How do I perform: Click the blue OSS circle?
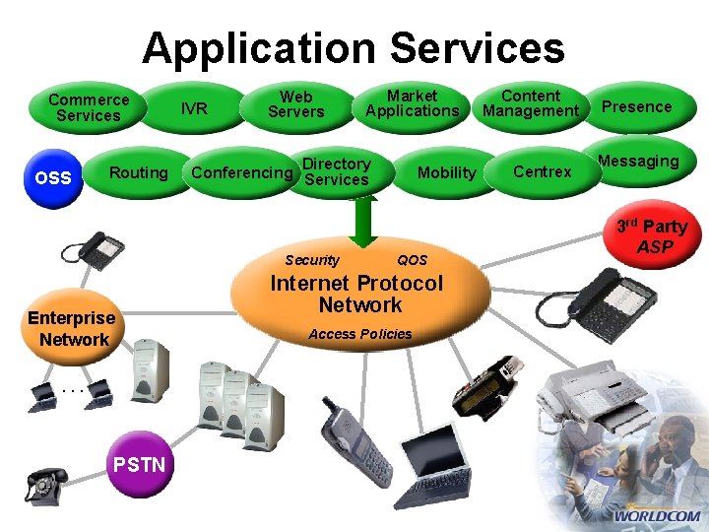pos(52,178)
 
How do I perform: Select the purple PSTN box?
pos(140,464)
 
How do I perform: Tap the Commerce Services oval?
pos(89,107)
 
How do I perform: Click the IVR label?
pos(195,108)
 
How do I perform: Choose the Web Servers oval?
pos(295,104)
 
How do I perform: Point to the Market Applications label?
pos(412,103)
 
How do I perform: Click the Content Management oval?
pos(531,103)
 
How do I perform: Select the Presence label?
pos(636,106)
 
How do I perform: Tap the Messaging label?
pos(638,161)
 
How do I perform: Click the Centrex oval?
pos(543,172)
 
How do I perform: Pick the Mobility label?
pos(446,172)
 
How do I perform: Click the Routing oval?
pos(138,172)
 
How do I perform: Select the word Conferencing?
pos(242,173)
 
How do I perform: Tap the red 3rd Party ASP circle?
pos(653,234)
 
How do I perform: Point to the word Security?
pos(311,260)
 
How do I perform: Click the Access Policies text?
pos(360,334)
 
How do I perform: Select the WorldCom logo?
pos(658,513)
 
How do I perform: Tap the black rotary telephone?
pos(45,485)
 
